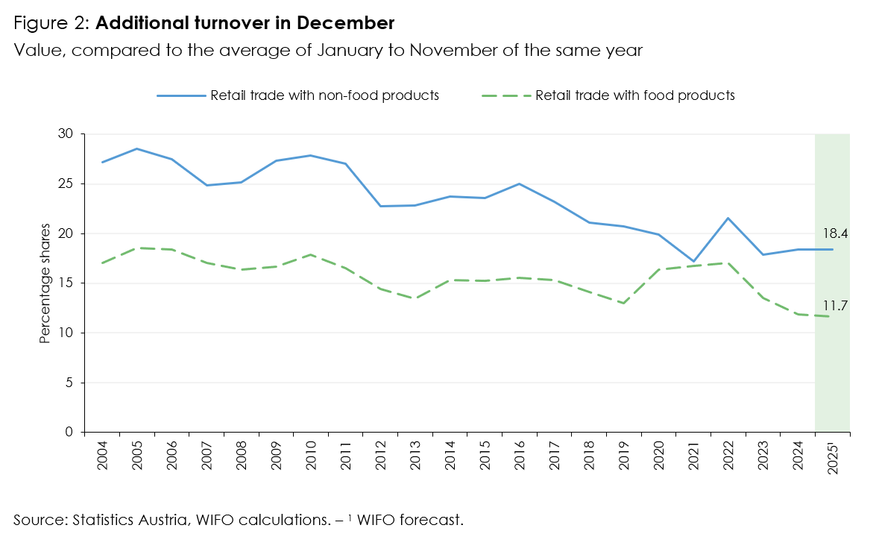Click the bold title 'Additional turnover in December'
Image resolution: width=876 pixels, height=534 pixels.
pyautogui.click(x=245, y=23)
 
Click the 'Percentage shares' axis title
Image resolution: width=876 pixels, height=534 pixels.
pyautogui.click(x=45, y=283)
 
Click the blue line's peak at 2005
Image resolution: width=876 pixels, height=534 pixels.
pyautogui.click(x=136, y=148)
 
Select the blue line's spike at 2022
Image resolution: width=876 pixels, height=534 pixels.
pyautogui.click(x=728, y=218)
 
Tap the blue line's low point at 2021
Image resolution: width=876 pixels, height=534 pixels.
pyautogui.click(x=693, y=262)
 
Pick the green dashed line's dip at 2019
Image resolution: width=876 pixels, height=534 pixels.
pyautogui.click(x=624, y=303)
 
